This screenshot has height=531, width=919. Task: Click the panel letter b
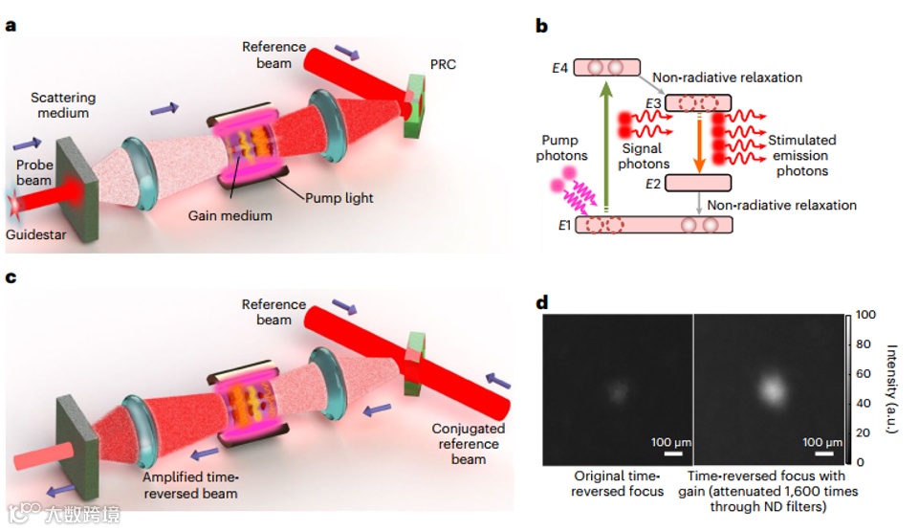point(541,26)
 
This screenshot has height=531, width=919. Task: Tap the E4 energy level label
point(560,69)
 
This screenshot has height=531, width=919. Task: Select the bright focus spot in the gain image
point(771,388)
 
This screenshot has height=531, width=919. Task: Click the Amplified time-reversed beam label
point(192,485)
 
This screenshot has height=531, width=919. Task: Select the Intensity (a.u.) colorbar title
point(896,387)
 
